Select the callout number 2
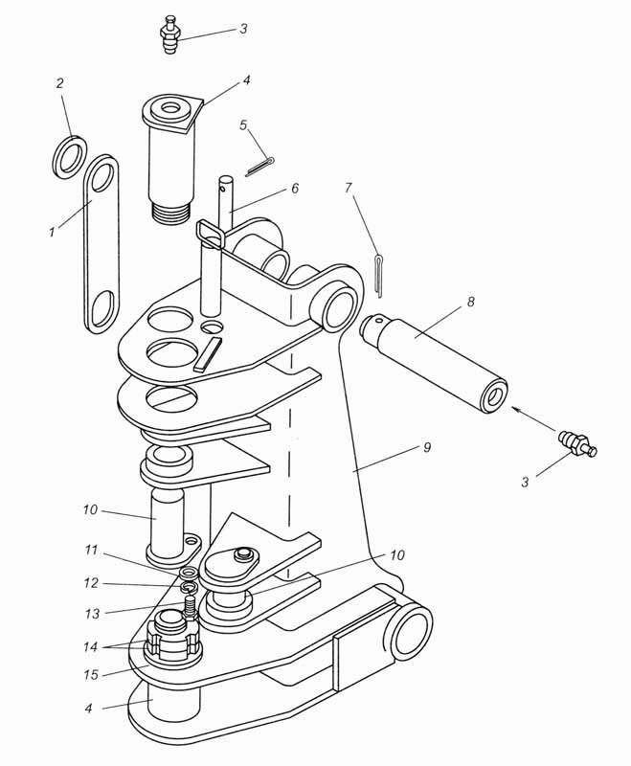click(x=59, y=83)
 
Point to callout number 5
click(x=243, y=125)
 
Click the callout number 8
click(x=469, y=303)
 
